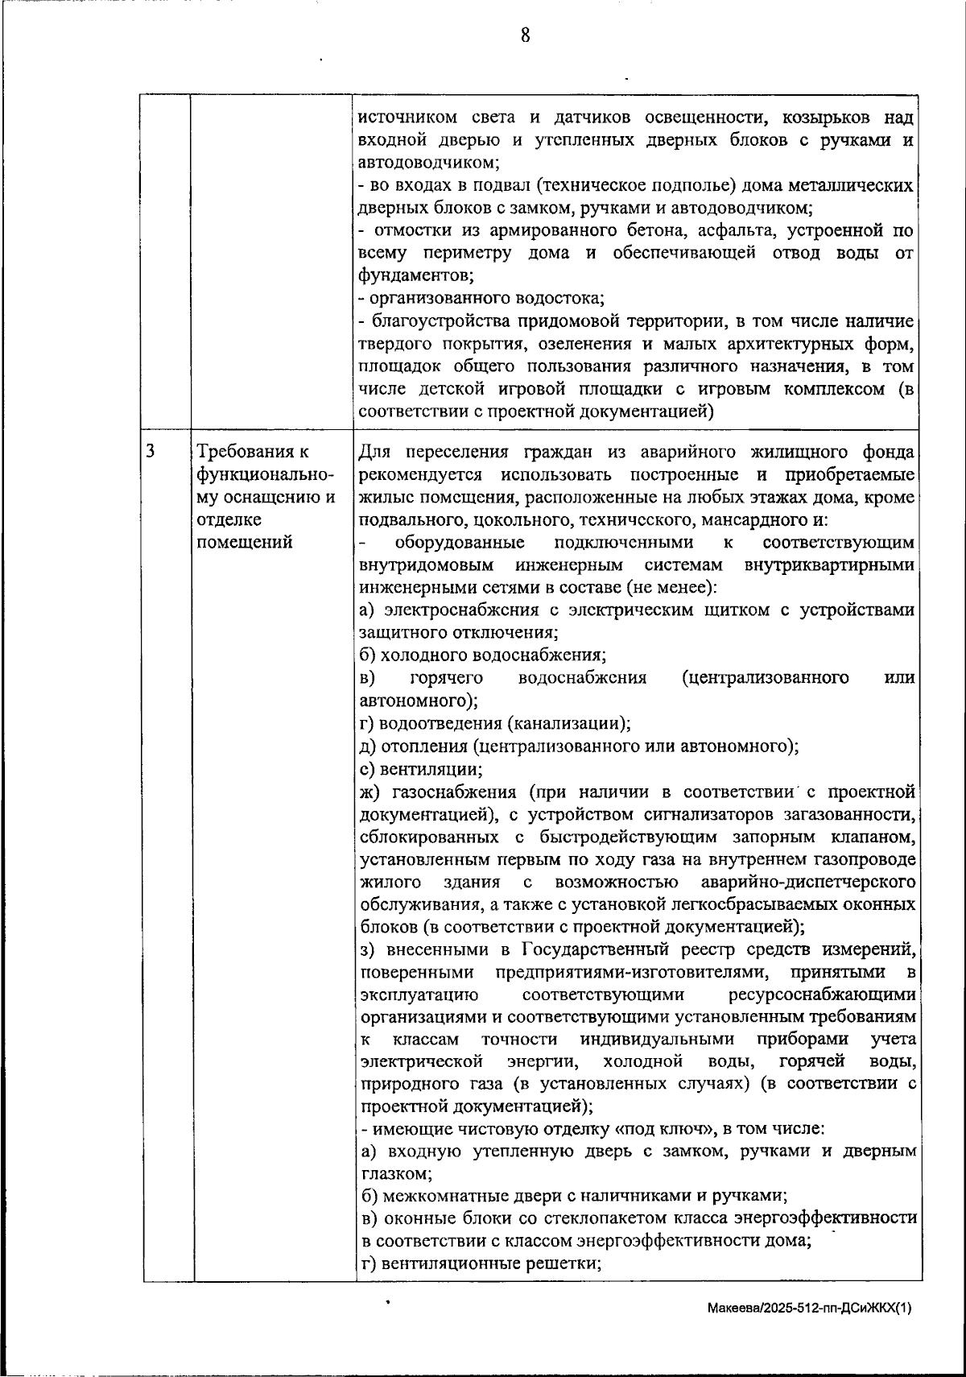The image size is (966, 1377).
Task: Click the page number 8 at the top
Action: [x=525, y=35]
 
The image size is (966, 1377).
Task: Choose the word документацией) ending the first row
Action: [x=650, y=412]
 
